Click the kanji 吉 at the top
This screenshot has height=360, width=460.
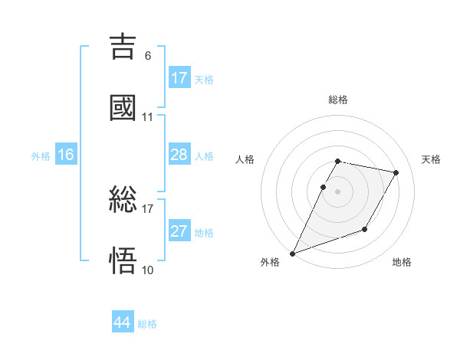[x=123, y=45]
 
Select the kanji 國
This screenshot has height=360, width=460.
[x=123, y=107]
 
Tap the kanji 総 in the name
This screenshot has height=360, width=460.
[x=123, y=200]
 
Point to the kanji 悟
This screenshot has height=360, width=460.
[x=123, y=261]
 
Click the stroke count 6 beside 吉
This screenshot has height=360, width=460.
[x=147, y=55]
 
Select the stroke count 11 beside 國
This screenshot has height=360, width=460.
[x=147, y=117]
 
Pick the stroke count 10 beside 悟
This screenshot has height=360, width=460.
[x=147, y=270]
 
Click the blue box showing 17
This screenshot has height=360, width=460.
[x=179, y=78]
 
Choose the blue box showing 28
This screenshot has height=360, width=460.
[x=179, y=155]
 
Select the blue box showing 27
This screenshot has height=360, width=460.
[x=179, y=231]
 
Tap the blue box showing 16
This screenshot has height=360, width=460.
[x=66, y=155]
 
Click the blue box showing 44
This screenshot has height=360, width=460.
[x=123, y=322]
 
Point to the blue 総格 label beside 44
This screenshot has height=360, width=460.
[x=147, y=324]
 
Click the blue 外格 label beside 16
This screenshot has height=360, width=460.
[x=41, y=156]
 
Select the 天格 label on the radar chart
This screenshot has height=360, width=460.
[x=431, y=159]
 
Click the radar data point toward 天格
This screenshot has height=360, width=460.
[x=396, y=173]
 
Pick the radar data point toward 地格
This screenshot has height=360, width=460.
[x=365, y=229]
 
